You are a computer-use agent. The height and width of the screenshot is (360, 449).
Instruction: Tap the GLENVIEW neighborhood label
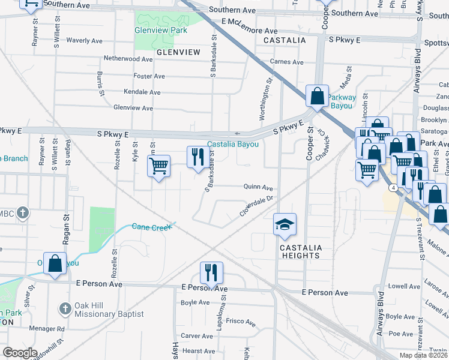[178, 53]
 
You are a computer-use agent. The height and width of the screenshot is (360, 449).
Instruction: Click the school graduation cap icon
[285, 224]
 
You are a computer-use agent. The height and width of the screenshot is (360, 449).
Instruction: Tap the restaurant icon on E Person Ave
[211, 273]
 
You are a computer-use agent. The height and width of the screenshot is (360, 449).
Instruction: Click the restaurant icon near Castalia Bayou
[198, 158]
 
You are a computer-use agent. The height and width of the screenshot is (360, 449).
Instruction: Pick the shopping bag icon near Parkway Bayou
[316, 96]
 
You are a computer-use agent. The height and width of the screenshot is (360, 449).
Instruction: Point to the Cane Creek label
[152, 226]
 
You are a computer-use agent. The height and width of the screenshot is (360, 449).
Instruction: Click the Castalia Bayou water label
[233, 145]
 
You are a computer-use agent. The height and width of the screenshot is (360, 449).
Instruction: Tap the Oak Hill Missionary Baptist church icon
[65, 309]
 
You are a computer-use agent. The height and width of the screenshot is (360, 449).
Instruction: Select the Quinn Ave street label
[258, 187]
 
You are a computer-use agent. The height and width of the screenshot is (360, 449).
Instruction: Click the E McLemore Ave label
[249, 26]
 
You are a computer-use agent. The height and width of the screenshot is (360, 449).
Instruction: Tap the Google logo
[19, 353]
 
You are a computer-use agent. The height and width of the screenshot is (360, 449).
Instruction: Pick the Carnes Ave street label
[287, 62]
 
